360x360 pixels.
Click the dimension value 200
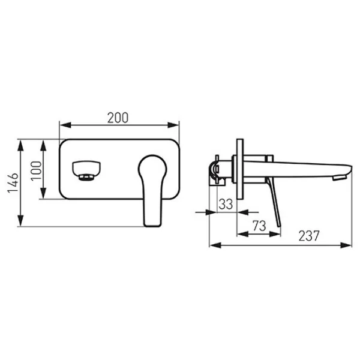click(118, 118)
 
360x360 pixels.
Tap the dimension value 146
click(13, 183)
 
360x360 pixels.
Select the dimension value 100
click(36, 171)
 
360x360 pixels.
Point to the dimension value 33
click(226, 204)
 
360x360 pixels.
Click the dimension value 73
click(259, 226)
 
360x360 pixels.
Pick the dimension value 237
click(309, 236)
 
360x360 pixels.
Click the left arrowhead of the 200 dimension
click(65, 125)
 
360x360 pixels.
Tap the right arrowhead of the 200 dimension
click(173, 125)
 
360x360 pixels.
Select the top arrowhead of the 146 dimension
click(20, 145)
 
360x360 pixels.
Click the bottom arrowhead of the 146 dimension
click(20, 221)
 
